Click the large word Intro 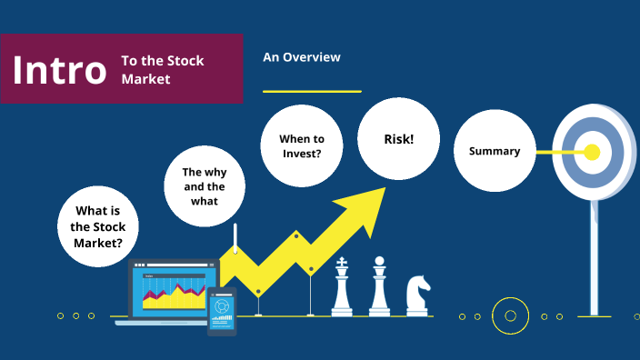pos(60,70)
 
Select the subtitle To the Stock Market pos(164,70)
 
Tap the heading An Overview pos(302,57)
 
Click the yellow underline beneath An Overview pos(312,91)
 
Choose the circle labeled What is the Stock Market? pos(98,226)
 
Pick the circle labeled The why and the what pos(205,185)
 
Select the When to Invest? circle pos(301,146)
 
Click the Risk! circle pos(399,138)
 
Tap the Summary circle pos(495,152)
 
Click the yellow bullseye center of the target pos(592,152)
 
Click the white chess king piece pos(342,288)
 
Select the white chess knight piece pos(417,296)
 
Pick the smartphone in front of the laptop pos(222,312)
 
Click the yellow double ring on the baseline pos(510,316)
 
